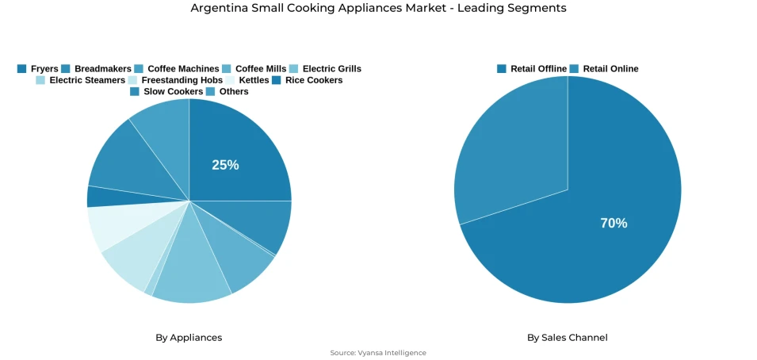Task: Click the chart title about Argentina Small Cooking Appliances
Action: click(378, 8)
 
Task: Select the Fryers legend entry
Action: click(37, 69)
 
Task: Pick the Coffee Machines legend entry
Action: click(176, 69)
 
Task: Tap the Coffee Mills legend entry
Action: click(254, 69)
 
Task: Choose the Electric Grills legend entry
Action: click(325, 69)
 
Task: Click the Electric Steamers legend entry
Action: click(80, 80)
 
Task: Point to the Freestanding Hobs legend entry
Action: click(175, 80)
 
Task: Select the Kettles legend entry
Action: click(247, 80)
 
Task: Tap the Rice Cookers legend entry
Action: click(307, 80)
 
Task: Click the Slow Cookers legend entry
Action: click(166, 91)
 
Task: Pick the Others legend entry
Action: click(227, 91)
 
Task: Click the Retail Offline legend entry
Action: click(532, 69)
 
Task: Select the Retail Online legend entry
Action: click(604, 69)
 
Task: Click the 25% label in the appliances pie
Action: click(225, 165)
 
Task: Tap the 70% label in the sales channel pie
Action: click(614, 224)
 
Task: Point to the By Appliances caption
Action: click(189, 338)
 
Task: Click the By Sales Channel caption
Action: click(568, 338)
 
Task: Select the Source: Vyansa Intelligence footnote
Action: click(378, 353)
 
